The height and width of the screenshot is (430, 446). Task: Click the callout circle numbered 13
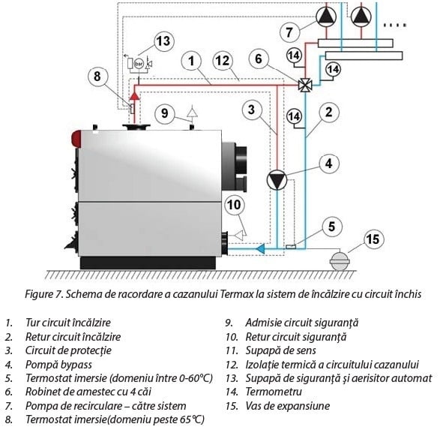163,41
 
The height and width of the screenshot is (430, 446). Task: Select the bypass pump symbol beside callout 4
277,180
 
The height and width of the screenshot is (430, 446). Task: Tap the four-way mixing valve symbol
305,85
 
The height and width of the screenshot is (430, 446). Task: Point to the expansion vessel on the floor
340,260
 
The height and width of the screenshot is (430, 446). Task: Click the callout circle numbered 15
373,239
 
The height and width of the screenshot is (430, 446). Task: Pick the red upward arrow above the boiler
135,95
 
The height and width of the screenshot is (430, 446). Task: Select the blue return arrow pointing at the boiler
261,248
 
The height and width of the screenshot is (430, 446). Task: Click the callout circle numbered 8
97,77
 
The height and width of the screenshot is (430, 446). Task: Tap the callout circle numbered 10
234,205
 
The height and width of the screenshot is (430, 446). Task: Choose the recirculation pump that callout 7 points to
326,17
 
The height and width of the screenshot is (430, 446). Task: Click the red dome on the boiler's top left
76,139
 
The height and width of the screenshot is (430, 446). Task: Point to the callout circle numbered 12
223,60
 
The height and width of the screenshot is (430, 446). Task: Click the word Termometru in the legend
274,392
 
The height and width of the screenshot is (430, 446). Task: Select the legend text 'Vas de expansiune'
288,406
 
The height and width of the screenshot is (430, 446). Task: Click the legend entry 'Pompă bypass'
58,365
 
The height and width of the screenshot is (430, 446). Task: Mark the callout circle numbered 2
328,113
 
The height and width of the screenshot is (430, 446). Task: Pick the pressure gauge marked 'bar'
139,63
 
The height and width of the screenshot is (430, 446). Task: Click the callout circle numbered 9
165,113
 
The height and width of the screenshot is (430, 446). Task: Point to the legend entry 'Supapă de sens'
281,351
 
